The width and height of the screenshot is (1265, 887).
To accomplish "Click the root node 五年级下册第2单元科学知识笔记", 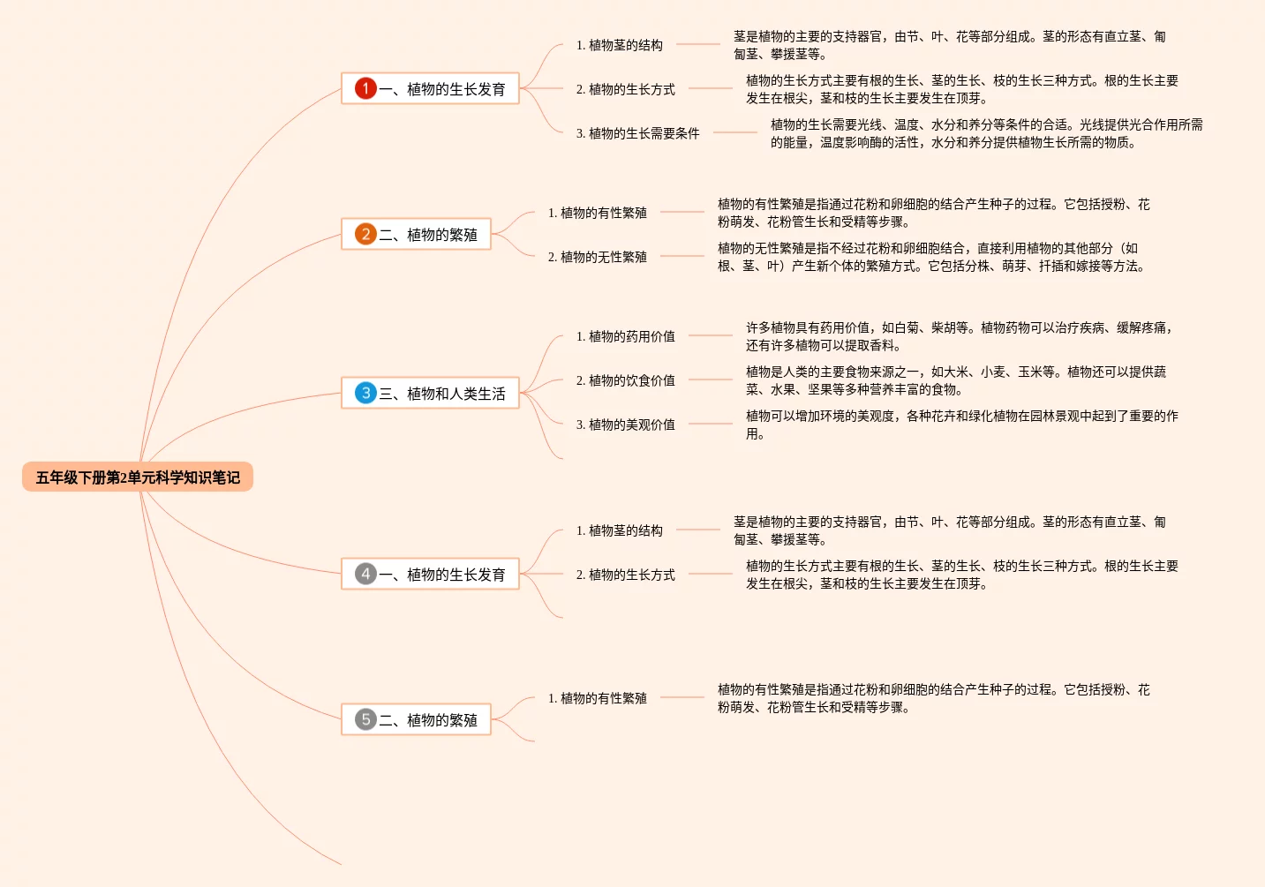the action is pyautogui.click(x=138, y=477).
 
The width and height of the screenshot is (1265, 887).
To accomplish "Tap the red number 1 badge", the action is pyautogui.click(x=365, y=88).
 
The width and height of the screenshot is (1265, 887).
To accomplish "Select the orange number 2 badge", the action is pyautogui.click(x=365, y=234).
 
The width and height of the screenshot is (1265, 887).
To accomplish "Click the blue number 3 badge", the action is pyautogui.click(x=365, y=393).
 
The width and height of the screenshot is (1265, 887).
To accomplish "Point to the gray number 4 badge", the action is pyautogui.click(x=365, y=574).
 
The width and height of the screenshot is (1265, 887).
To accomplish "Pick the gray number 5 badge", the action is pyautogui.click(x=365, y=719).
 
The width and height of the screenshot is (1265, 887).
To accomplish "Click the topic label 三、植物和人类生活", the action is pyautogui.click(x=442, y=394).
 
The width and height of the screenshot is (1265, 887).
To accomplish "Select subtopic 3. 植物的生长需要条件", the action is pyautogui.click(x=637, y=133).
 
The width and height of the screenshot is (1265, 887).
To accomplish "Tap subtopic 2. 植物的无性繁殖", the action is pyautogui.click(x=597, y=257).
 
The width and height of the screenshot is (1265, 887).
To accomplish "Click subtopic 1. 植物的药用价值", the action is pyautogui.click(x=625, y=336).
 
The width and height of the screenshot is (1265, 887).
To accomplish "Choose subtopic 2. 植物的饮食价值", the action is pyautogui.click(x=625, y=380).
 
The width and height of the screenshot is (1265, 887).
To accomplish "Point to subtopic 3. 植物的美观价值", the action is pyautogui.click(x=625, y=425).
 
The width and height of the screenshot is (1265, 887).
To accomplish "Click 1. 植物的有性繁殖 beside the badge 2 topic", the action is pyautogui.click(x=597, y=213).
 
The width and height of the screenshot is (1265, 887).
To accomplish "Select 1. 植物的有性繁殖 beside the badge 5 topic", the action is pyautogui.click(x=597, y=698).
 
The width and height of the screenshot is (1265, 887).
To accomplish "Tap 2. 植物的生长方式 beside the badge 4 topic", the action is pyautogui.click(x=625, y=575).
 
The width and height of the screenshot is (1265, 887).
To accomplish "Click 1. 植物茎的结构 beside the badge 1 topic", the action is pyautogui.click(x=619, y=45).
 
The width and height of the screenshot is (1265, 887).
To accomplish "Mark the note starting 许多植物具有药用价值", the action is pyautogui.click(x=959, y=336).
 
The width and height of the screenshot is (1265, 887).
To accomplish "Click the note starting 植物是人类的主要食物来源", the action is pyautogui.click(x=955, y=380).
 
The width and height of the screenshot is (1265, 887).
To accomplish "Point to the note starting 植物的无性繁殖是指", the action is pyautogui.click(x=931, y=257).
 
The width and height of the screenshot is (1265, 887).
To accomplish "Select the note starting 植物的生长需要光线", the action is pyautogui.click(x=986, y=133).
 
